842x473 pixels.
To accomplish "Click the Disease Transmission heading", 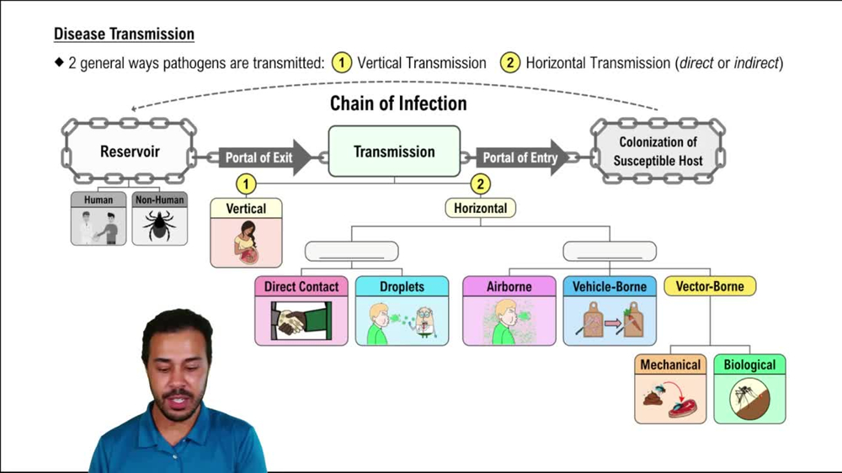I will tap(124, 35).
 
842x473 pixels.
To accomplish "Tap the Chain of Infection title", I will tap(397, 104).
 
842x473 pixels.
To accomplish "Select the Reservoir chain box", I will tap(130, 152).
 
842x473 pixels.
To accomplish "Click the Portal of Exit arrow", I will tap(259, 158).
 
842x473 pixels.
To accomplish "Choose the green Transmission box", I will tap(394, 151).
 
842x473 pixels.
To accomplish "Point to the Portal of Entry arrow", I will tap(520, 158).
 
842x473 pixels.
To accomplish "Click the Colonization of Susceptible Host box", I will tap(658, 152).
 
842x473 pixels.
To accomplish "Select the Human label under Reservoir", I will tap(99, 200).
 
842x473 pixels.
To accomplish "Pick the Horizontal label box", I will tap(480, 208).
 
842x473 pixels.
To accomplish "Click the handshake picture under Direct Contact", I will tap(301, 321).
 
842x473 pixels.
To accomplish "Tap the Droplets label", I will tap(402, 286).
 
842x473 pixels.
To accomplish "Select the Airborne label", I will tap(509, 286).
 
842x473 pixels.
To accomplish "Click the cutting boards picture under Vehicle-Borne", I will tap(609, 321).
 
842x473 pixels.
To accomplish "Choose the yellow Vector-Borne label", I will tap(710, 286).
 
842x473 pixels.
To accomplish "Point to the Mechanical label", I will tap(670, 364).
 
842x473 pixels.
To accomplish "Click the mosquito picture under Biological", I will tap(749, 398).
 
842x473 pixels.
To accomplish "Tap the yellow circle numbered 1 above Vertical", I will tap(246, 183).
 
